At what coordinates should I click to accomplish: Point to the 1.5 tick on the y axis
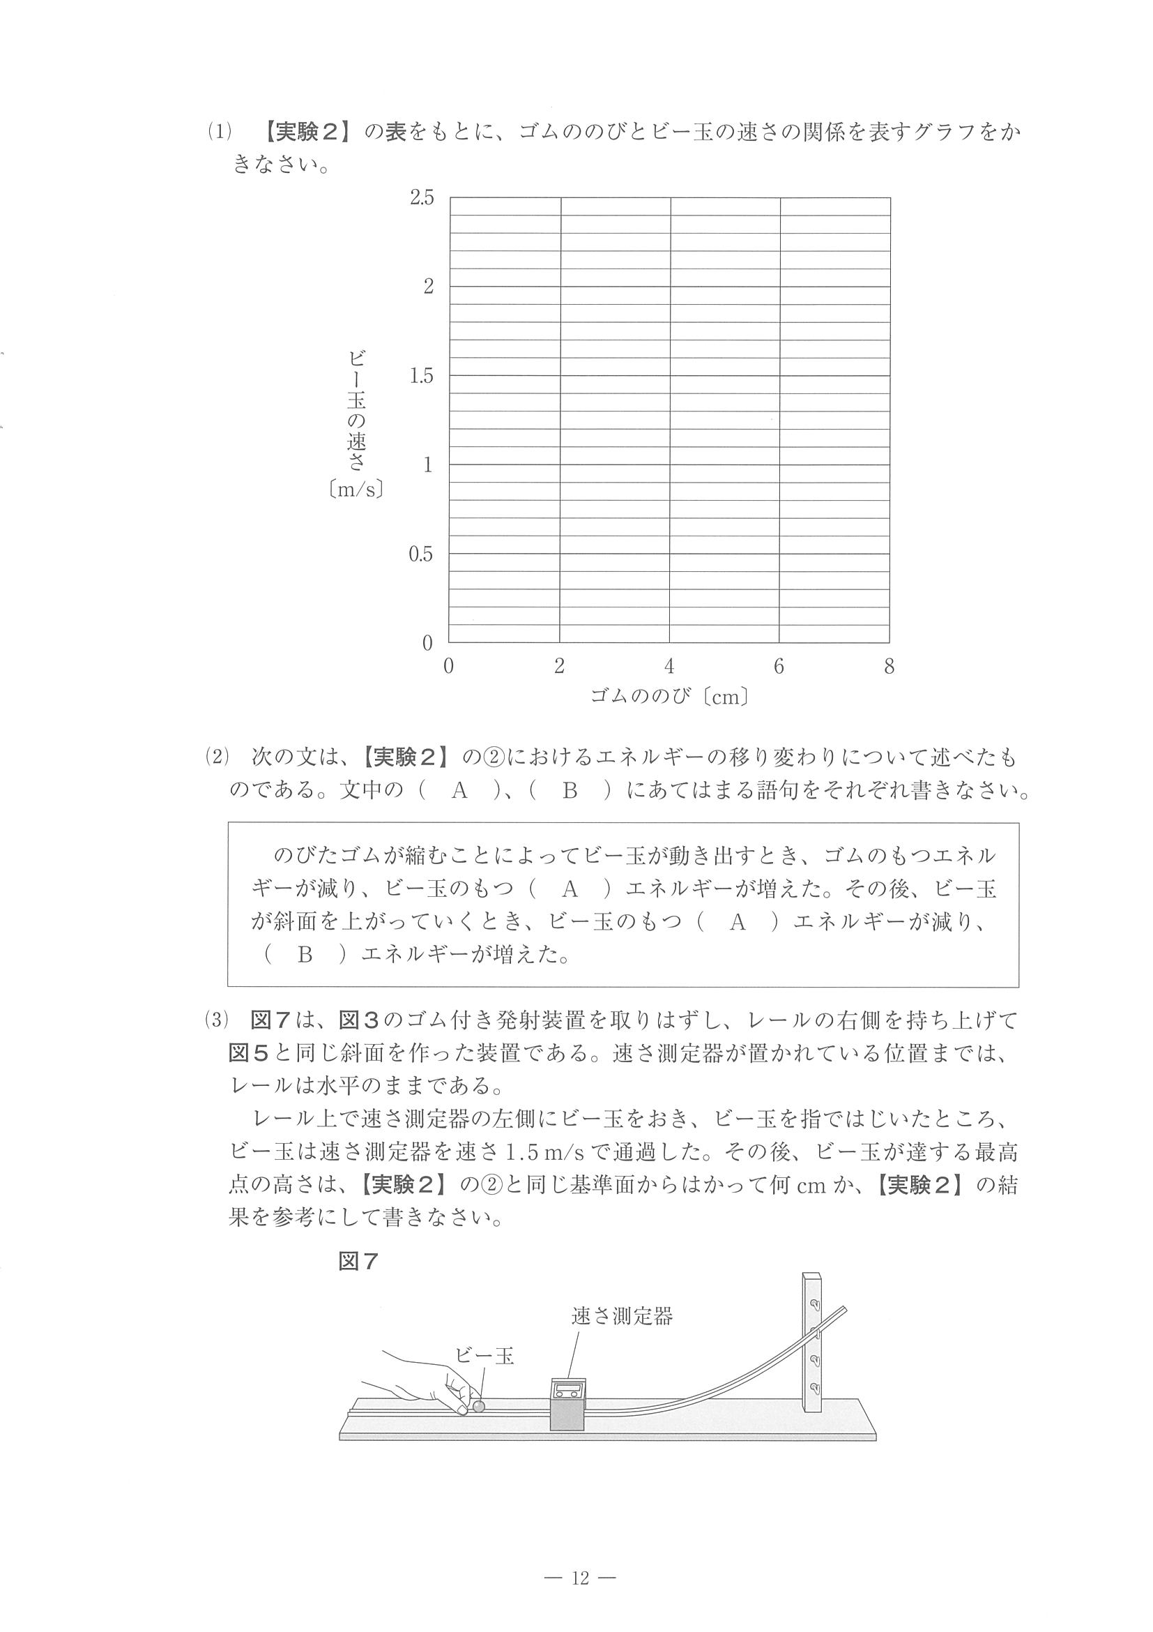coord(421,376)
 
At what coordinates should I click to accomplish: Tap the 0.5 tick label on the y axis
coord(420,554)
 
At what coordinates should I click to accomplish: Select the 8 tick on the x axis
coord(889,666)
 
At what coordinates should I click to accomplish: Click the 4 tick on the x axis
coord(669,666)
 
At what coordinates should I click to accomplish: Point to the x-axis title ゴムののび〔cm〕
coord(670,697)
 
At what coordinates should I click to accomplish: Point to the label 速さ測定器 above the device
coord(622,1316)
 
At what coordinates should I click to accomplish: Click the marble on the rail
coord(479,1405)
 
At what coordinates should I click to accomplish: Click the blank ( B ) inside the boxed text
coord(305,955)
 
